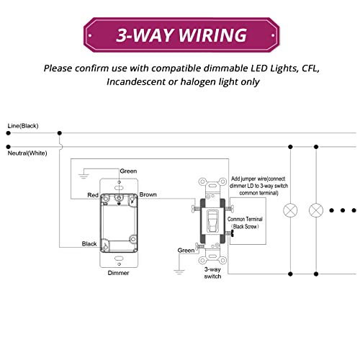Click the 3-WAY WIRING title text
[x=179, y=35]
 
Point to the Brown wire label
[x=149, y=195]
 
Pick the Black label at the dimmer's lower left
[x=89, y=244]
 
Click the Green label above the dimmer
[x=128, y=171]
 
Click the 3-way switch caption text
[x=212, y=272]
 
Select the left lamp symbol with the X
[x=291, y=211]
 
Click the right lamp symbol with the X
[x=315, y=211]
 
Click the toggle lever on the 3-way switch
[x=212, y=220]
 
